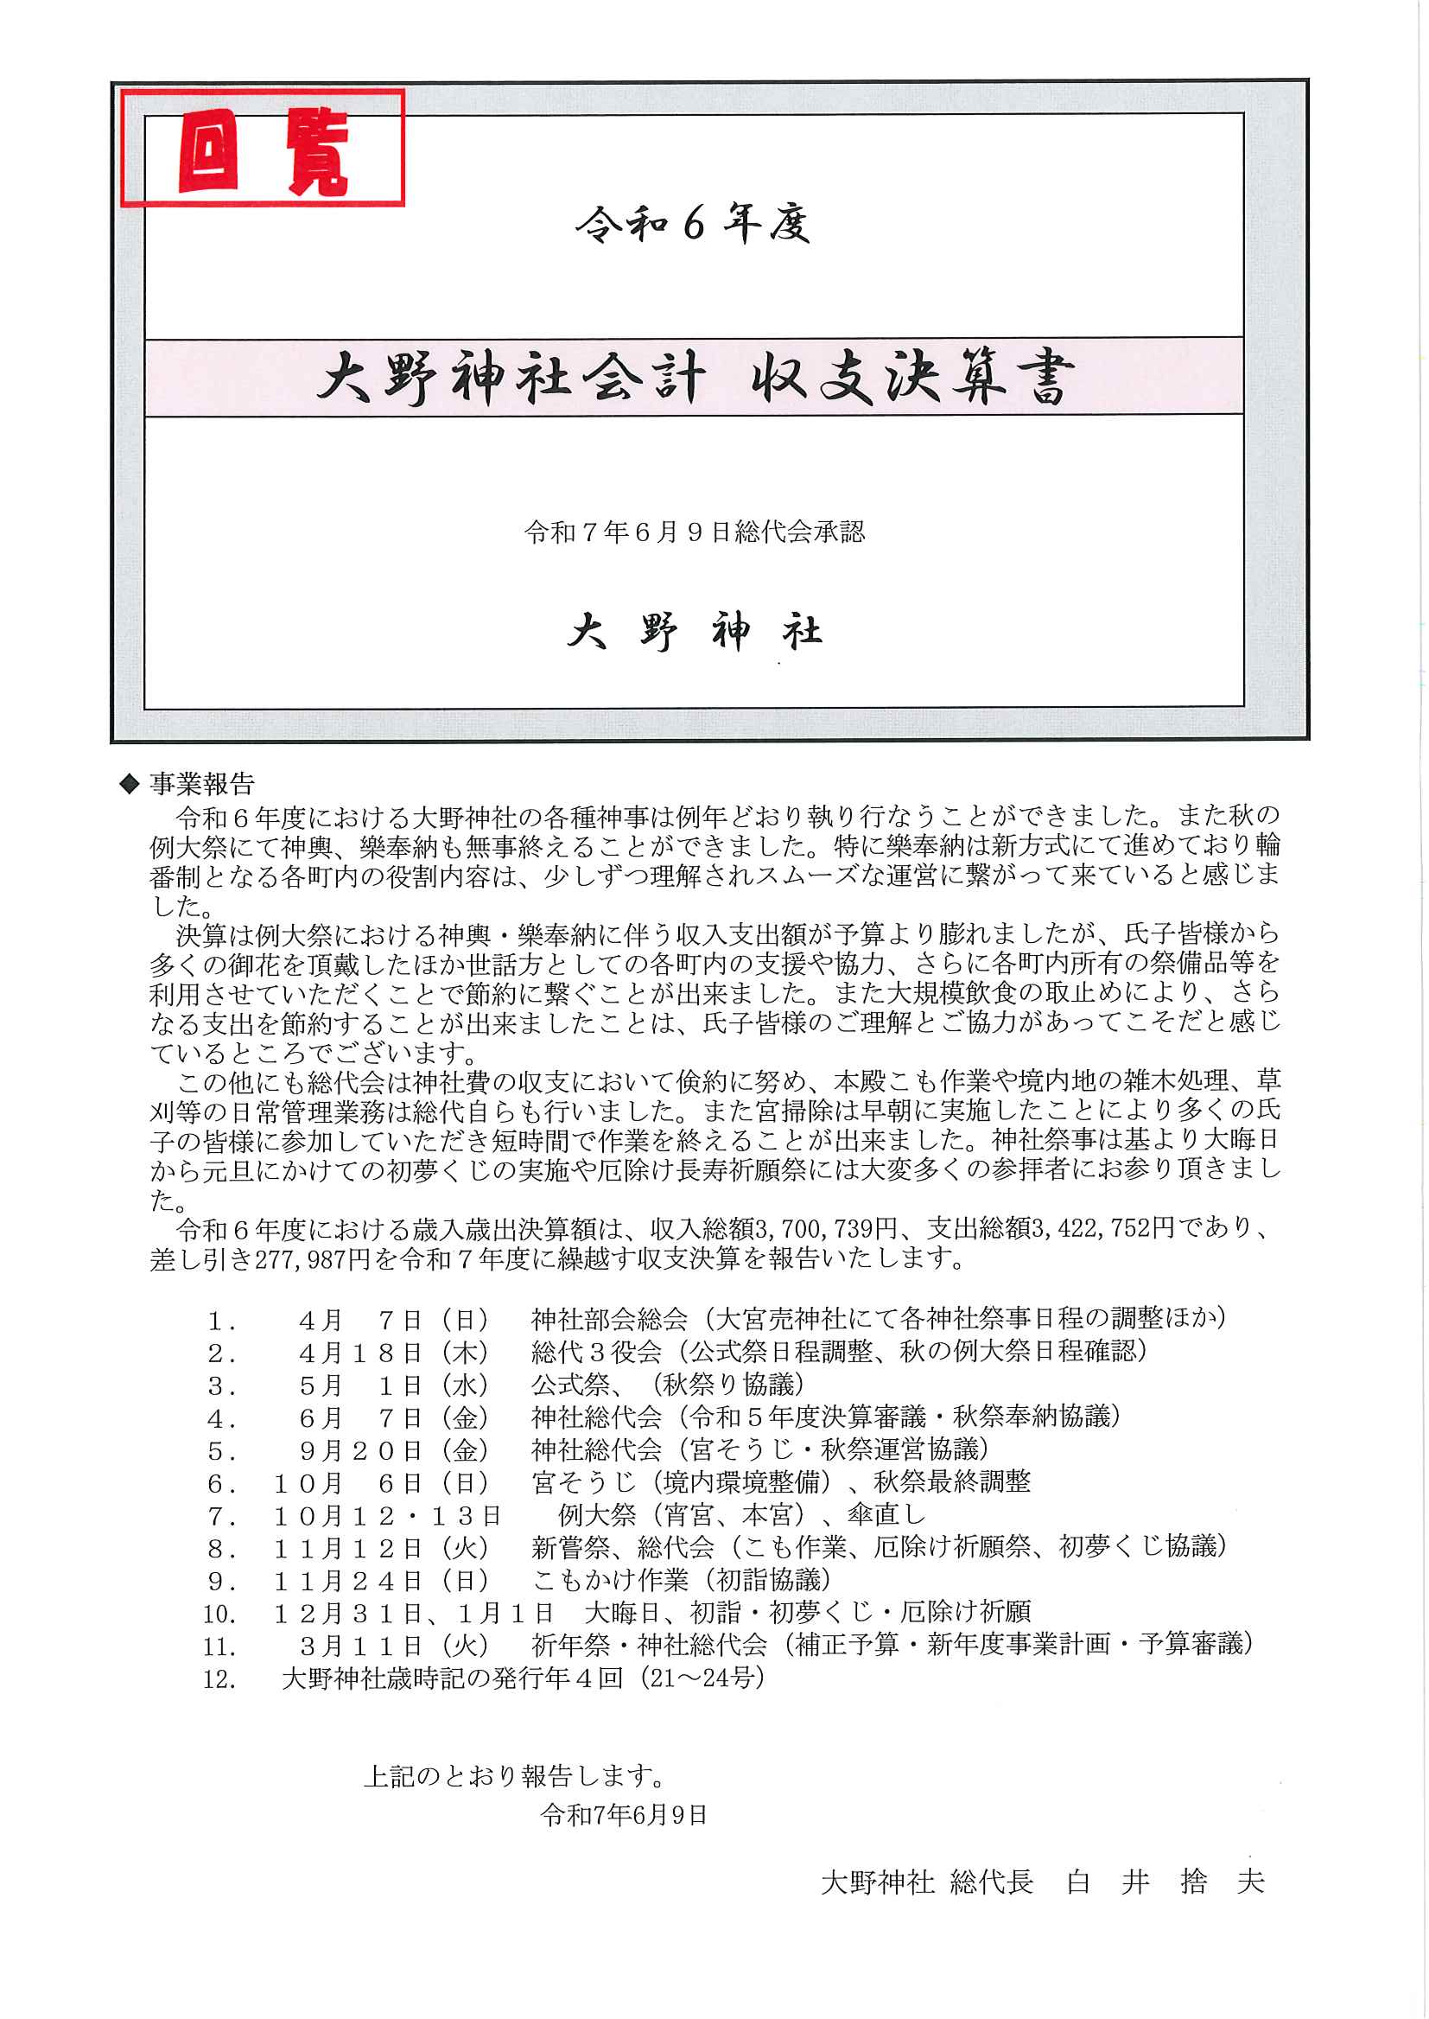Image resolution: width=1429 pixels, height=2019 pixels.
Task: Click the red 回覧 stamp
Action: click(x=263, y=148)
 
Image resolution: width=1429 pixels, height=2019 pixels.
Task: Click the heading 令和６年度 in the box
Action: click(x=693, y=225)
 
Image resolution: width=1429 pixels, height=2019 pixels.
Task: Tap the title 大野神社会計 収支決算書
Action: click(x=695, y=378)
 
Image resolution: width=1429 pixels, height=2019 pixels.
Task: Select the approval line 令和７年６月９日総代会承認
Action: click(x=695, y=532)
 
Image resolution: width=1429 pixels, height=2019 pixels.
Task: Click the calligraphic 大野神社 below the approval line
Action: click(x=695, y=632)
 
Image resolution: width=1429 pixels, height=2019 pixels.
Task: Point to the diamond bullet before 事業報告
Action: click(x=130, y=782)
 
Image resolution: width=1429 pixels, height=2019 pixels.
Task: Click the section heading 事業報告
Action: click(x=201, y=783)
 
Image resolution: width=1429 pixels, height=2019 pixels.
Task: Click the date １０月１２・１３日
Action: click(x=386, y=1516)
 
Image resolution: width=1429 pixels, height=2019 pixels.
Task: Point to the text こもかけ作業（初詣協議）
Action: click(x=681, y=1581)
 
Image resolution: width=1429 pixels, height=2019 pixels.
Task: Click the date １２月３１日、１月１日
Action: click(x=413, y=1614)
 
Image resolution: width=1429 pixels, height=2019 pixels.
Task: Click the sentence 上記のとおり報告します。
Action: click(x=515, y=1776)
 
